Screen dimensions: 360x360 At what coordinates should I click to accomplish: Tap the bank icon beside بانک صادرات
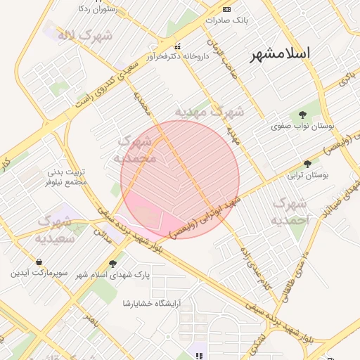tap(226, 9)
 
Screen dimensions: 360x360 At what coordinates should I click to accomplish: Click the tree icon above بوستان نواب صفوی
tap(302, 115)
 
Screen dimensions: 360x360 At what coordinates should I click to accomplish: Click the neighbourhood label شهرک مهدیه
tap(210, 112)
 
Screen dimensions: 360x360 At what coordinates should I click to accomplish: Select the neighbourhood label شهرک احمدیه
tap(290, 210)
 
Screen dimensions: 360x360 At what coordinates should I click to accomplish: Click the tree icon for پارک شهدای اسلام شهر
tap(113, 264)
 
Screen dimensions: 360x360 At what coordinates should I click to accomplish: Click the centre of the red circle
tap(180, 180)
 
